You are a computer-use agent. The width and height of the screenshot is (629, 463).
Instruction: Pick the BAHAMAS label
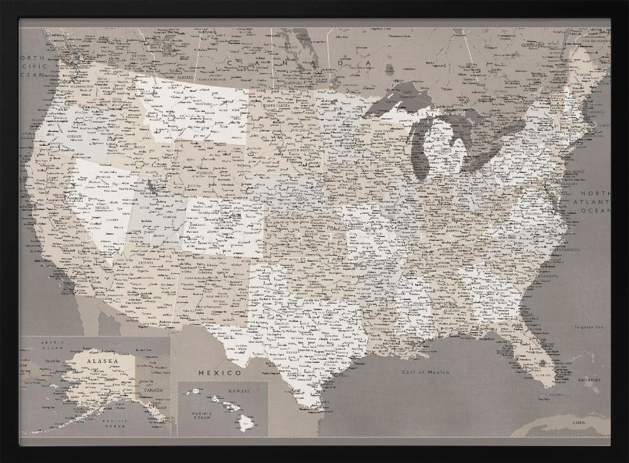tap(589, 381)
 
